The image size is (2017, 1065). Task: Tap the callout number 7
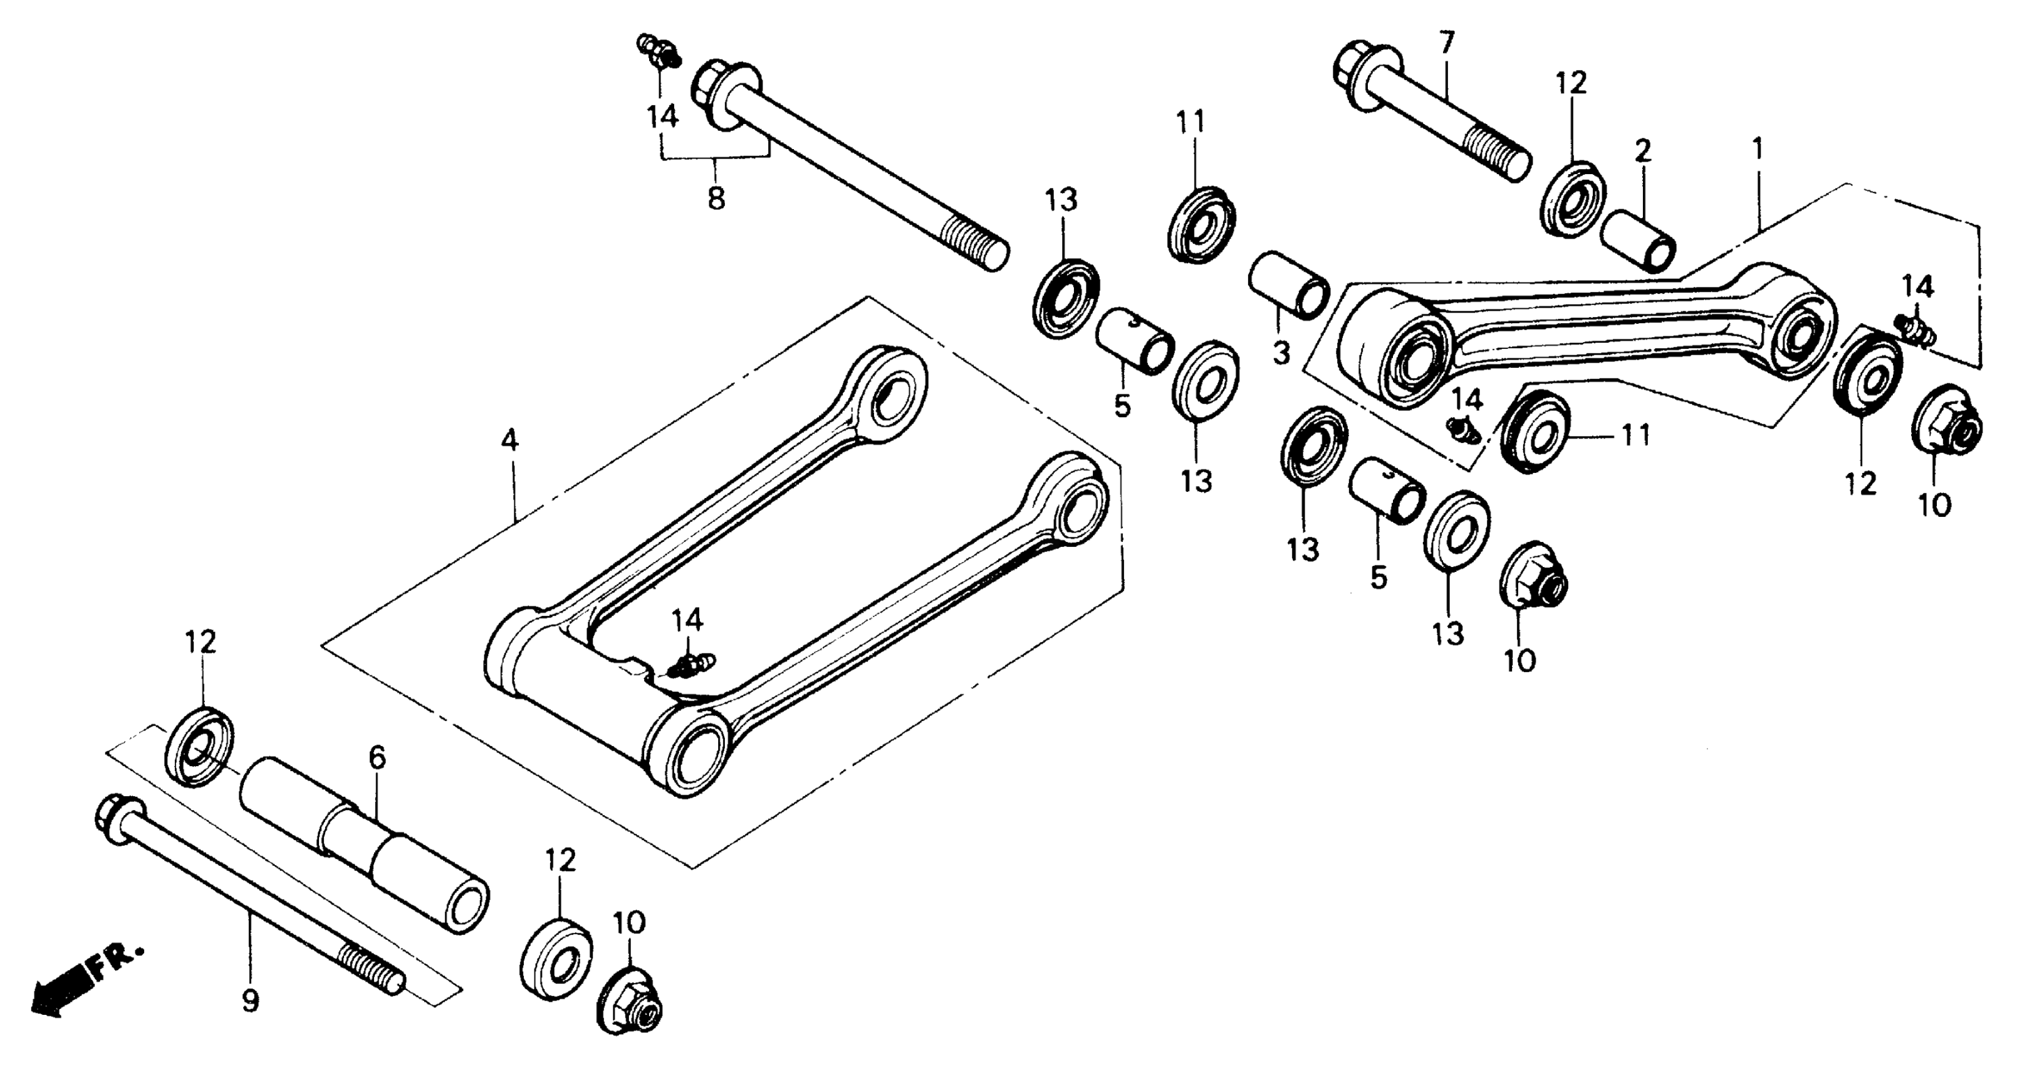click(1446, 43)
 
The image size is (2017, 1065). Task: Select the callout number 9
click(250, 1002)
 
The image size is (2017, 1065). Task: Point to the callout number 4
click(509, 441)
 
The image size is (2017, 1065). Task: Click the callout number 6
click(377, 757)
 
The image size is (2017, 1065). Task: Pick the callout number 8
click(716, 198)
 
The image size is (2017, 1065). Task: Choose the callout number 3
click(1281, 354)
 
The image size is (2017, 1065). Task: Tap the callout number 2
click(1642, 151)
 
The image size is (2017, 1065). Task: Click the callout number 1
click(1757, 149)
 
